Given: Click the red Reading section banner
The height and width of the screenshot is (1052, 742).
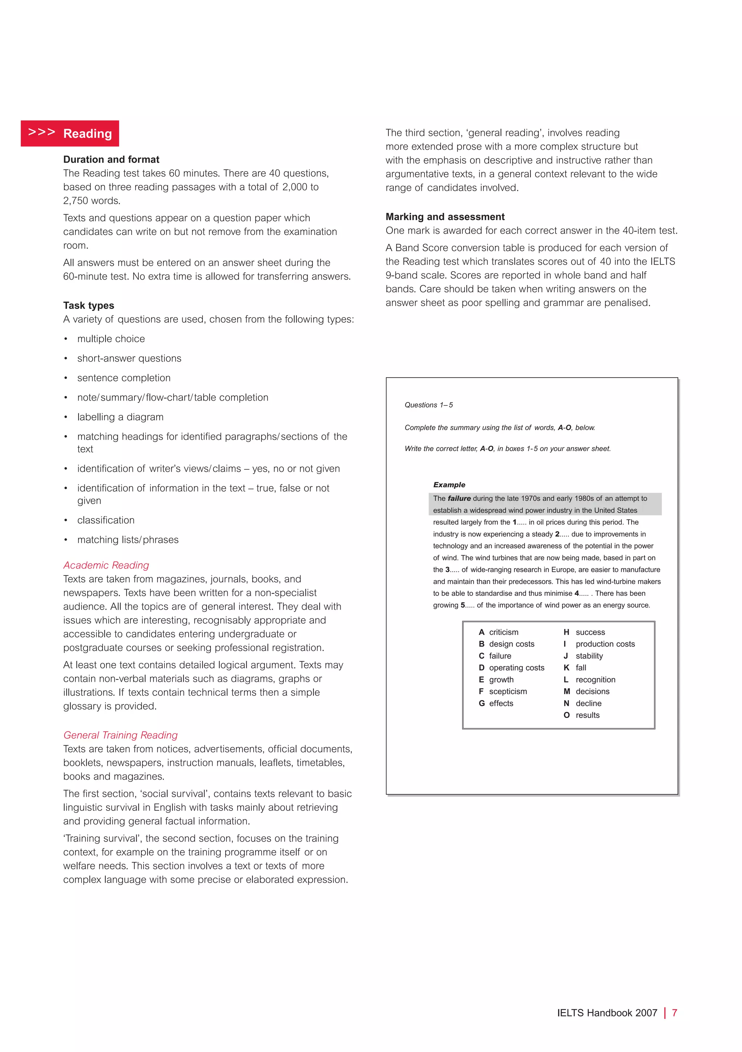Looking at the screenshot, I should coord(70,133).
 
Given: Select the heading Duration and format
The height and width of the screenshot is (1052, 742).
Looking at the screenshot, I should coord(111,160).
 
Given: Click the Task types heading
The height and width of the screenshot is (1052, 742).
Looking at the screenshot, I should coord(88,306).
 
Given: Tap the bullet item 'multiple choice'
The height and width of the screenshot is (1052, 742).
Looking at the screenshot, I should coord(111,339).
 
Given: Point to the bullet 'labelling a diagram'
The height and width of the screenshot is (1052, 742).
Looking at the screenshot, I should coord(120,417).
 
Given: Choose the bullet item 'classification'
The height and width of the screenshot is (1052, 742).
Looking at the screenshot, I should coord(106,520).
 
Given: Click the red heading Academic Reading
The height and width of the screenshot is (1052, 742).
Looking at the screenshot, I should coord(106,565).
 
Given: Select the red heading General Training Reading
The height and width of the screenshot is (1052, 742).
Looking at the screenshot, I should coord(120,735).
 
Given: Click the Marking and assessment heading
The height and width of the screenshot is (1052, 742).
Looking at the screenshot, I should coord(445,217).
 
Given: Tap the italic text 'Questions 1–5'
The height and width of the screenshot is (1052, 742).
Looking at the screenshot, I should coord(429,405).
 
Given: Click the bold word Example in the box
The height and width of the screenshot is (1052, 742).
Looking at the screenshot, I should coord(449,485).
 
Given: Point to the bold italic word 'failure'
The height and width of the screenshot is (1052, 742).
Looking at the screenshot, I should coord(459,499).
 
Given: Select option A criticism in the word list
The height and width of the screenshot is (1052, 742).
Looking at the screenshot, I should coord(499,632).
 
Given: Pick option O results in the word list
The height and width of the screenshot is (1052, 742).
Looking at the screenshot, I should coord(582,715).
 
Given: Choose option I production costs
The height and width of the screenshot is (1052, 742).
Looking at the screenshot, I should coord(600,644).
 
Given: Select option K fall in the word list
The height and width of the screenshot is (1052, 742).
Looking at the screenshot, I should coord(575,668).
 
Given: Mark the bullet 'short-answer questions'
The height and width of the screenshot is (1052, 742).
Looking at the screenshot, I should coord(129,358).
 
